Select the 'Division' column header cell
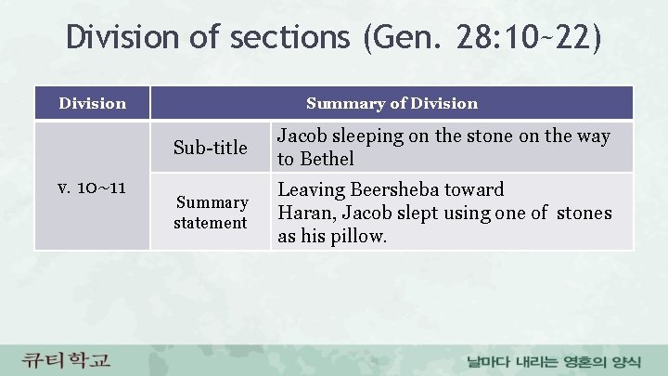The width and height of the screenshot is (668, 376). [92, 103]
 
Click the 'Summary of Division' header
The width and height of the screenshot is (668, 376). [392, 103]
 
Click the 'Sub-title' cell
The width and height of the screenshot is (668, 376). [212, 148]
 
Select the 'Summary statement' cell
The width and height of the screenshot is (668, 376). [212, 212]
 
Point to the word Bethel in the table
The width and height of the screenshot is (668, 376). [326, 159]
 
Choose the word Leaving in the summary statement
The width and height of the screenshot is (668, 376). [312, 190]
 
